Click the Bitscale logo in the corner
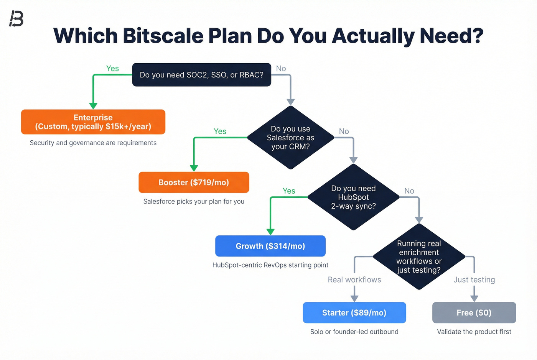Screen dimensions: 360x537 [16, 18]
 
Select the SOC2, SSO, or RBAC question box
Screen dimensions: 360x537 [201, 75]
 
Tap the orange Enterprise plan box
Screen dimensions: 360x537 [93, 122]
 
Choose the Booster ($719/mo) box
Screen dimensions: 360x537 [194, 182]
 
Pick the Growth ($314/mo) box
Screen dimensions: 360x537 [270, 246]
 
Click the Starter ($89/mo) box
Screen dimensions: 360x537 [354, 313]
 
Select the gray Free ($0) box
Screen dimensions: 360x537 [474, 313]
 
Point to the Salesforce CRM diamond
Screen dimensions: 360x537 [291, 138]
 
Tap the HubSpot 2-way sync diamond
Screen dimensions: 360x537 [353, 197]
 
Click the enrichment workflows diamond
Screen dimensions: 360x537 [419, 256]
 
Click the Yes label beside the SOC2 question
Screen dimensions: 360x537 [112, 68]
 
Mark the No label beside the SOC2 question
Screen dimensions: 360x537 [281, 68]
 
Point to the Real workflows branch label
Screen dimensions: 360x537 [354, 280]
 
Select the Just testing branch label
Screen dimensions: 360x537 [474, 280]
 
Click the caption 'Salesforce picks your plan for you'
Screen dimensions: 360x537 [194, 202]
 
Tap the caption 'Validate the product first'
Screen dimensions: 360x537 [474, 332]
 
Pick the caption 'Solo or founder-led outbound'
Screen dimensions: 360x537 [354, 332]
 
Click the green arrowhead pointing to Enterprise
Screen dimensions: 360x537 [93, 106]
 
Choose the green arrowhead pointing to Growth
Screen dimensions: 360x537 [270, 232]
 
